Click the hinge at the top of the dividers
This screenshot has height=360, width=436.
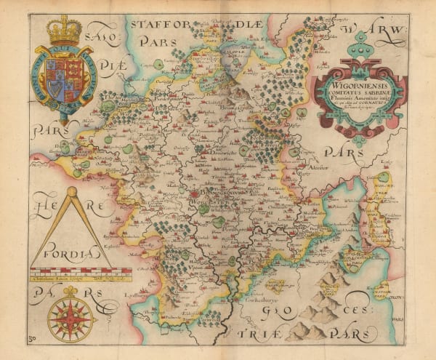pyautogui.click(x=72, y=193)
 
